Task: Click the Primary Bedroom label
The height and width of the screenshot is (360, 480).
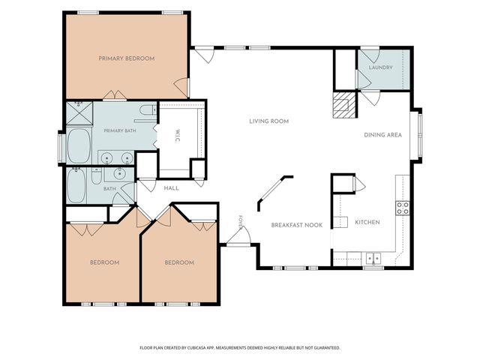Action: tap(127, 58)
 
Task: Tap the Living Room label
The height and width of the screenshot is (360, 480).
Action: tap(268, 121)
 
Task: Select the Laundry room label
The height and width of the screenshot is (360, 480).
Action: tap(380, 67)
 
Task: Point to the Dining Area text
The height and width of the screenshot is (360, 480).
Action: tap(382, 135)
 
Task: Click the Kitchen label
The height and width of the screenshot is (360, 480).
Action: tap(367, 222)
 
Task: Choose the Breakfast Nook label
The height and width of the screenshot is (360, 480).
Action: tap(297, 225)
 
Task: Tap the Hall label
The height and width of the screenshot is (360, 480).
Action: tap(172, 188)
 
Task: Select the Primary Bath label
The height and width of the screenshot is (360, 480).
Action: tap(120, 130)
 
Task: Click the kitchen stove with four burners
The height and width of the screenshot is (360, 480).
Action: tap(403, 208)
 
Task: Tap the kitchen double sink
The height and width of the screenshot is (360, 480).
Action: tap(373, 258)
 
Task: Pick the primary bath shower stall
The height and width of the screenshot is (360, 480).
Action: tap(79, 113)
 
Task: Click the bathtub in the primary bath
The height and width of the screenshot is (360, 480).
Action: tap(79, 146)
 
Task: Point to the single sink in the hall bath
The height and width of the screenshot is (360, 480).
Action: tap(119, 174)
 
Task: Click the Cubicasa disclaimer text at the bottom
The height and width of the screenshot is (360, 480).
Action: tap(240, 348)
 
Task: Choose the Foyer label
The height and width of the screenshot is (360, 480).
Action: tap(240, 223)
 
